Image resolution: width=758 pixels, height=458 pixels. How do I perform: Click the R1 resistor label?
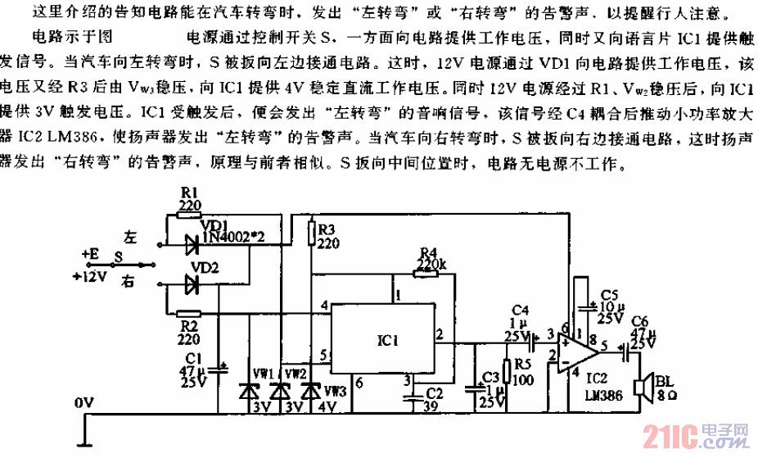click(x=188, y=194)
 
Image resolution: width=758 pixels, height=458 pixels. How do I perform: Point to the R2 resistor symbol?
click(x=189, y=312)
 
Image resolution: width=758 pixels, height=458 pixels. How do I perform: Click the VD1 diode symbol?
click(x=192, y=243)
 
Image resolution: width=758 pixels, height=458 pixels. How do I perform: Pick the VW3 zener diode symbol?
click(x=310, y=392)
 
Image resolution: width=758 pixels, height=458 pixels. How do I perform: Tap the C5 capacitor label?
click(x=607, y=293)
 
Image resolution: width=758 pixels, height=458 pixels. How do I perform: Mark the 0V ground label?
click(x=84, y=403)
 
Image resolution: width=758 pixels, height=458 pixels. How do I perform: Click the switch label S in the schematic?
click(x=119, y=256)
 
